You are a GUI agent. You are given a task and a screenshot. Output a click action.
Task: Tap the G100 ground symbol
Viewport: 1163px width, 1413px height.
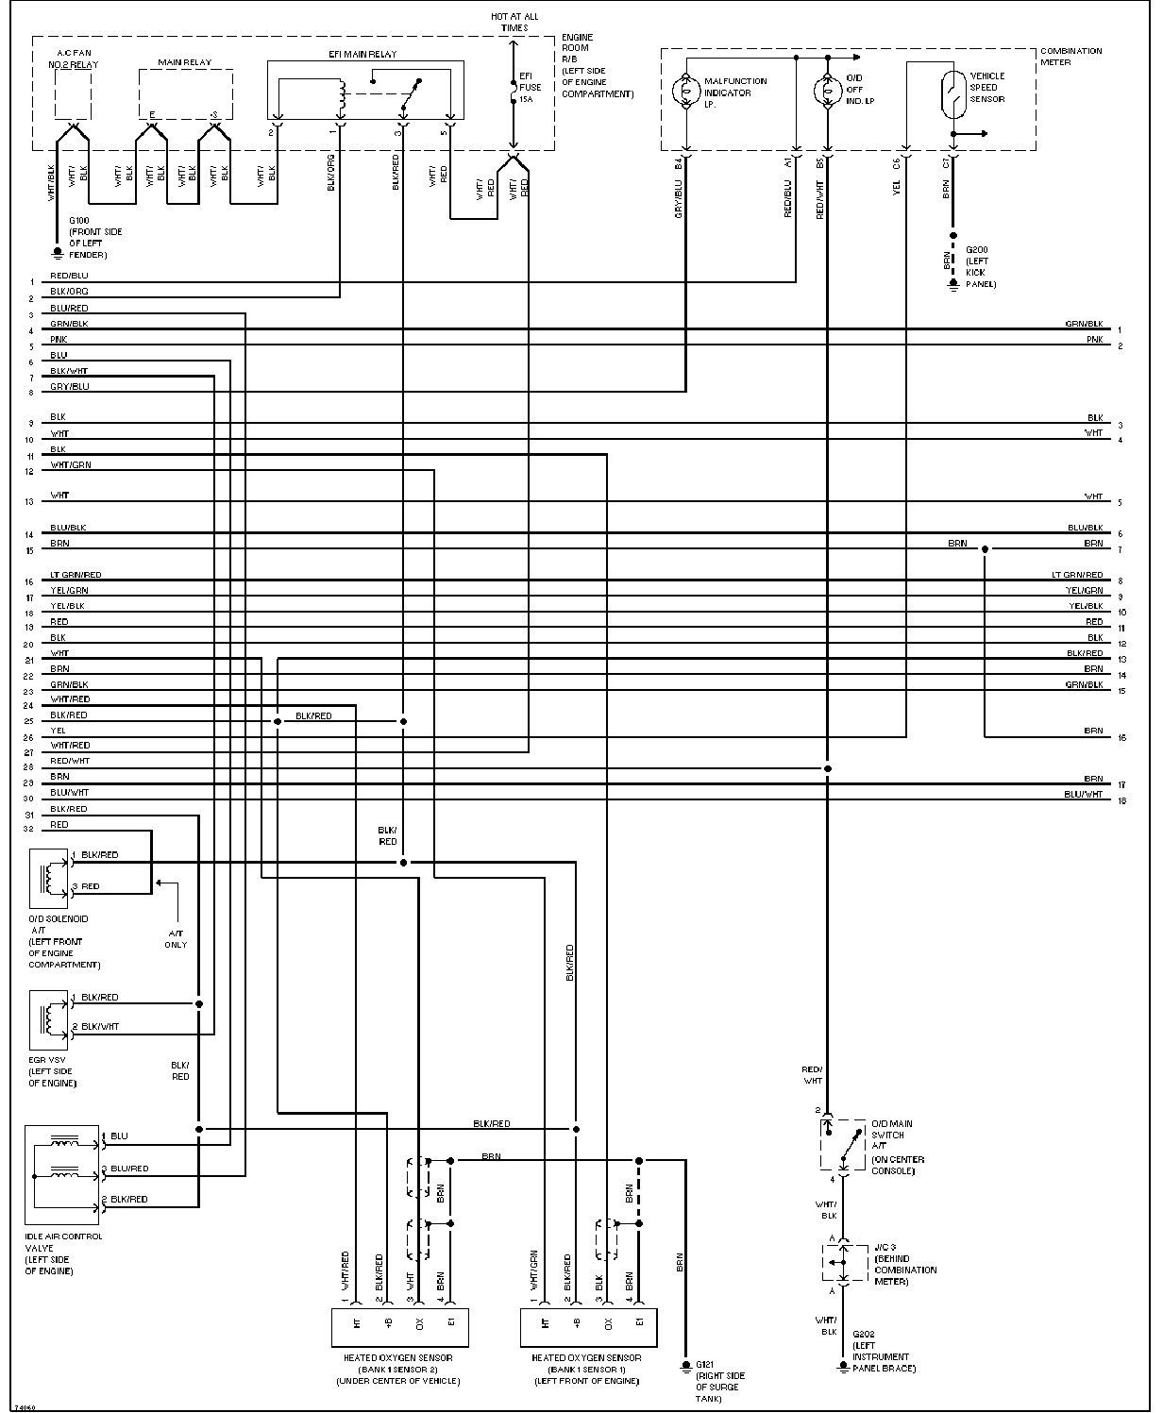(58, 253)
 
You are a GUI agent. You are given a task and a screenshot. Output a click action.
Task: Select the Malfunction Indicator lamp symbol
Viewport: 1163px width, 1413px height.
(685, 92)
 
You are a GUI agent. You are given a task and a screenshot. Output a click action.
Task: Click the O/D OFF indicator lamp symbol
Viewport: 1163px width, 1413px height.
(828, 92)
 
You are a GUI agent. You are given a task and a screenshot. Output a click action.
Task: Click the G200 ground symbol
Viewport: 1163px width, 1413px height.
(952, 282)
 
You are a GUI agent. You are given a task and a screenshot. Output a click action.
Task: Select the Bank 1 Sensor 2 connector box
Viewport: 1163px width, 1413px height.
(401, 1326)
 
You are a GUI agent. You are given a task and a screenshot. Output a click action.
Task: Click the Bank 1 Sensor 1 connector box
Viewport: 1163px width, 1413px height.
(588, 1326)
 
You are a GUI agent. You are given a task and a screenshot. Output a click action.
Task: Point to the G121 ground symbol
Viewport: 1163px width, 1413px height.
(686, 1365)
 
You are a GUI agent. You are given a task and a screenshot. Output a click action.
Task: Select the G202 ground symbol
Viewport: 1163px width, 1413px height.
(842, 1366)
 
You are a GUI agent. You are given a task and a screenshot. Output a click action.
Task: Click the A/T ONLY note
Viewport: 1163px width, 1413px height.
(176, 938)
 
